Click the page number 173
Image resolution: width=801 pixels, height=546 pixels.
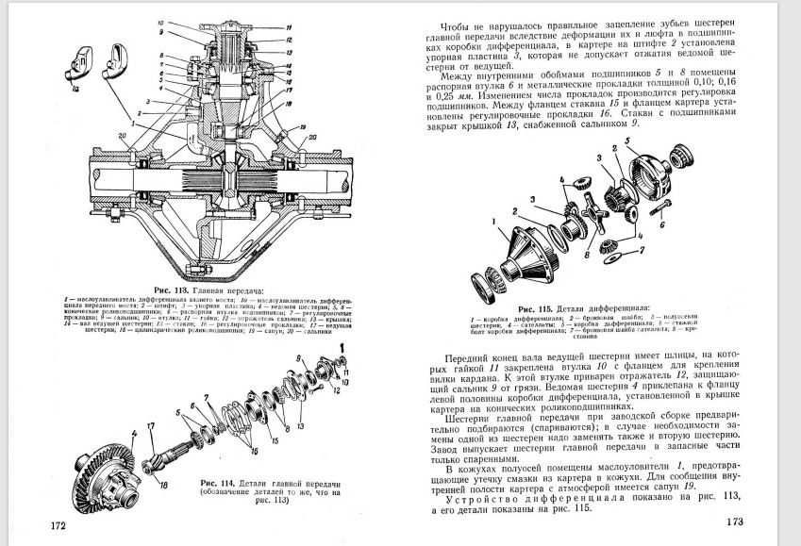tap(736, 522)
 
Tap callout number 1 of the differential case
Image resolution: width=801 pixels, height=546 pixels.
tap(492, 223)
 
